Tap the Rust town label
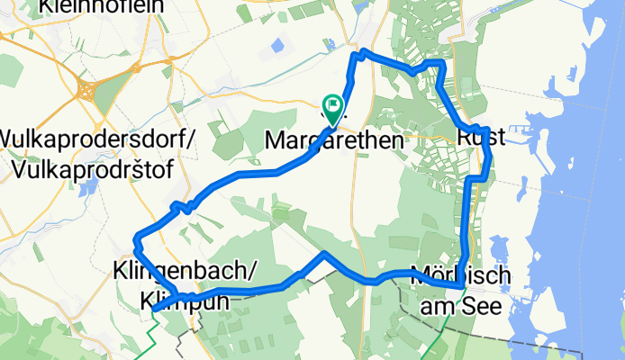point(480,138)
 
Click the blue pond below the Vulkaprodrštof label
point(89,188)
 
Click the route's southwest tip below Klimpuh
point(155,309)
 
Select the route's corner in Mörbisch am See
point(461,285)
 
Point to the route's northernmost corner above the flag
point(354,57)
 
